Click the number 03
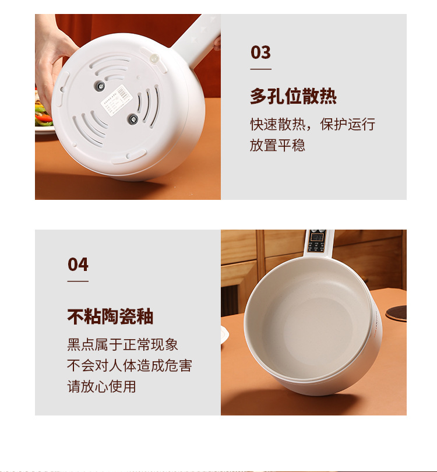260,52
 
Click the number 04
77,265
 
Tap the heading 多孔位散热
293,96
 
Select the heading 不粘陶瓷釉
110,316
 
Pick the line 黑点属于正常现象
122,344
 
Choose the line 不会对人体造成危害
129,365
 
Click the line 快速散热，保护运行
312,124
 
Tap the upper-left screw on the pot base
100,87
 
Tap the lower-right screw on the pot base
132,119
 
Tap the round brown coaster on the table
397,313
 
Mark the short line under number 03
260,69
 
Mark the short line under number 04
77,281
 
